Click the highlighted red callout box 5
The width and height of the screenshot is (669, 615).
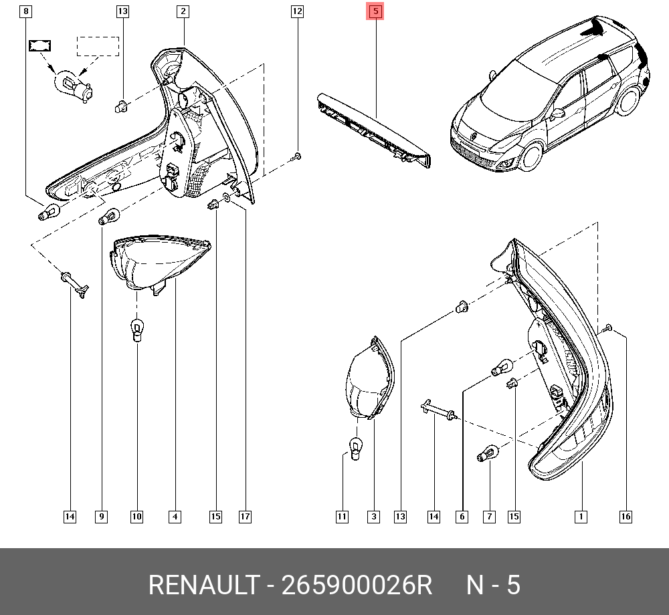[x=375, y=11]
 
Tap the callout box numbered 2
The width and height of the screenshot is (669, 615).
[x=183, y=11]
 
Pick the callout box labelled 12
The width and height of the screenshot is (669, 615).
[x=297, y=11]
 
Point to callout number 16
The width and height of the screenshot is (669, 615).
[x=626, y=516]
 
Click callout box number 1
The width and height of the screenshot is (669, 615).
[x=581, y=516]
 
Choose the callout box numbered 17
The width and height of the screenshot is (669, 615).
[x=245, y=516]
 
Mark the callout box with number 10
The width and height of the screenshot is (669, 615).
[x=136, y=516]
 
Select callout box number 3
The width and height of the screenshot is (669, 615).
[x=373, y=516]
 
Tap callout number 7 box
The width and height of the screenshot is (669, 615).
[x=489, y=516]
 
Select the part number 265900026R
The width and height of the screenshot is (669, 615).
[x=357, y=586]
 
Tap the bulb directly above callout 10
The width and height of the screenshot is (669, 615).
[x=136, y=330]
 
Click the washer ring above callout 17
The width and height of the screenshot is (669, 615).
[x=228, y=198]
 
